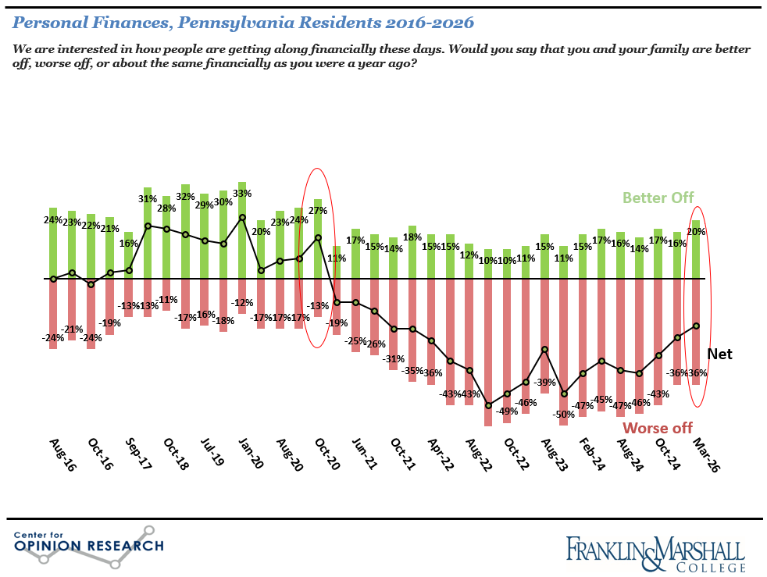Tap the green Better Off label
point(658,198)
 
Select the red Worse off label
point(658,428)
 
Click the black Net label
point(719,354)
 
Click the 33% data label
point(242,194)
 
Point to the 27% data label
point(319,210)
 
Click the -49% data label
point(507,411)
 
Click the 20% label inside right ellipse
point(696,231)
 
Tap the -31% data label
point(393,358)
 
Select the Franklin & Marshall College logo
point(655,552)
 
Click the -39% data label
point(544,383)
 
